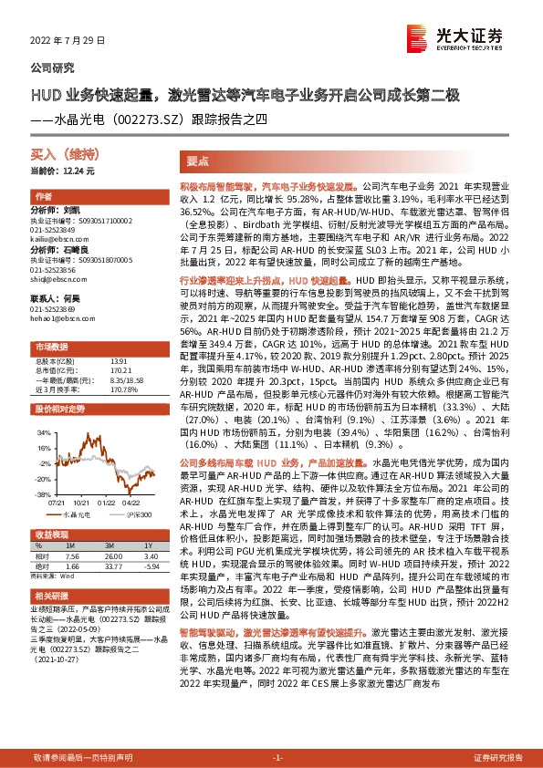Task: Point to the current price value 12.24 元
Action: [77, 171]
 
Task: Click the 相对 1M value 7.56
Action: [74, 555]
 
